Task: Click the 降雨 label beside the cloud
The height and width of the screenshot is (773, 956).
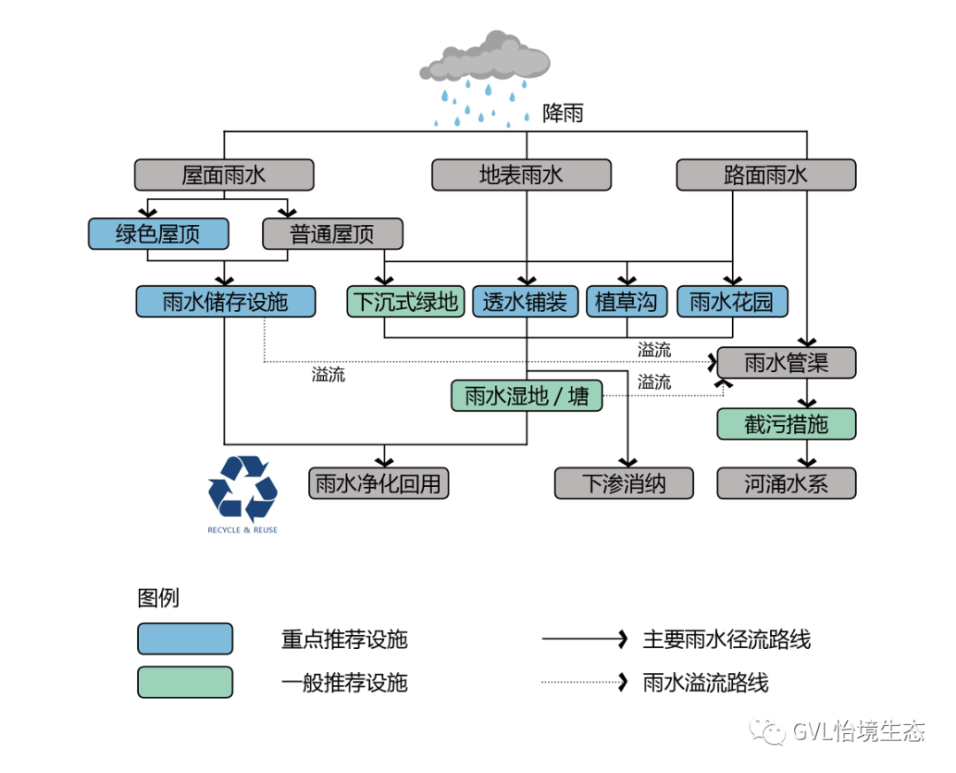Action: click(x=563, y=113)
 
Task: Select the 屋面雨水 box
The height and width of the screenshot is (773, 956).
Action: click(x=224, y=174)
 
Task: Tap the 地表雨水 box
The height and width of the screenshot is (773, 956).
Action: click(x=521, y=174)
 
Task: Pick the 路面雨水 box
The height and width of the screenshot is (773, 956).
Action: click(x=766, y=174)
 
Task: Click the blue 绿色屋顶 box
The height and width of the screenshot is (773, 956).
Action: click(x=158, y=234)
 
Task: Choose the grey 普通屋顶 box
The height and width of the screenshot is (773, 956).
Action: click(x=332, y=234)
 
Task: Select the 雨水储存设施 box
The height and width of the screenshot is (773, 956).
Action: click(x=226, y=301)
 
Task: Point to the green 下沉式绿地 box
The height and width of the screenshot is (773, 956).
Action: click(x=405, y=301)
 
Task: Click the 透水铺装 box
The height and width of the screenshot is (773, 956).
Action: click(x=525, y=301)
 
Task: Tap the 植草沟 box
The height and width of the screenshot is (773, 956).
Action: click(x=626, y=301)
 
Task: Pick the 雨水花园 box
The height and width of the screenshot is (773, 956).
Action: click(x=731, y=301)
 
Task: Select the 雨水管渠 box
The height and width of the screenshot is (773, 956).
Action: click(x=786, y=362)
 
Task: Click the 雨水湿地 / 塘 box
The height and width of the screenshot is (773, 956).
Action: click(x=527, y=395)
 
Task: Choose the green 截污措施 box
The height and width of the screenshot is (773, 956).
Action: click(x=786, y=424)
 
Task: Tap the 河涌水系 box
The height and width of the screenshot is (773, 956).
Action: click(x=786, y=483)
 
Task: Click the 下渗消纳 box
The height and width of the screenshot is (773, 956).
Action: click(x=624, y=483)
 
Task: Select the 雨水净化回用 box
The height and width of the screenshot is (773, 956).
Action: click(x=379, y=483)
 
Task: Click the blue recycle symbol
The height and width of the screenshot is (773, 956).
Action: click(x=243, y=488)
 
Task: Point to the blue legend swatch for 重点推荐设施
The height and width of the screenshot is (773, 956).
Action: click(x=185, y=638)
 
